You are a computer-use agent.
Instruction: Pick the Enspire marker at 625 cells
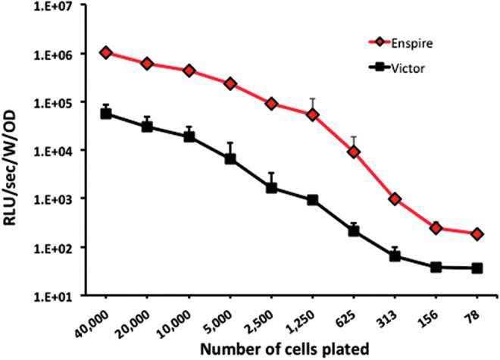click(x=353, y=152)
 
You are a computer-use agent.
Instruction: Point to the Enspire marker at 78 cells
click(x=477, y=234)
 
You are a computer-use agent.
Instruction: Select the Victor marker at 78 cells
click(x=477, y=268)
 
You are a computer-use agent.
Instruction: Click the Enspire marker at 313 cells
click(x=395, y=199)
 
